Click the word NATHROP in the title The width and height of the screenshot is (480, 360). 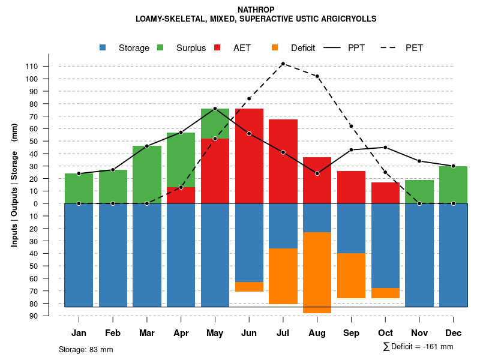(256, 10)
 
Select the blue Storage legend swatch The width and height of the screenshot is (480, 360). (103, 48)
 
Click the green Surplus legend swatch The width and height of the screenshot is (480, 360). (161, 48)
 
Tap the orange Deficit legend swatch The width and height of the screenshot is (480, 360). (275, 48)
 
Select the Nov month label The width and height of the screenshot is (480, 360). (419, 333)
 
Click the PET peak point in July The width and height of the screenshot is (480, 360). (283, 64)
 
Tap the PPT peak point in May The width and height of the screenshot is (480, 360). (215, 109)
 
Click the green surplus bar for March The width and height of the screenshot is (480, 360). (147, 175)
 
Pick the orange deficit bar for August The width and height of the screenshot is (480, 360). (317, 272)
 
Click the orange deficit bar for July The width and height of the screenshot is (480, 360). (283, 276)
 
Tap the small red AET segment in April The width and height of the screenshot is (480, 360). (181, 196)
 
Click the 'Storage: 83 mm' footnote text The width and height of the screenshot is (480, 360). (86, 349)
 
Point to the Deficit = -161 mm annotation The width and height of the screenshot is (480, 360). (418, 347)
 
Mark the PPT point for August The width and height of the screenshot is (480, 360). (317, 173)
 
